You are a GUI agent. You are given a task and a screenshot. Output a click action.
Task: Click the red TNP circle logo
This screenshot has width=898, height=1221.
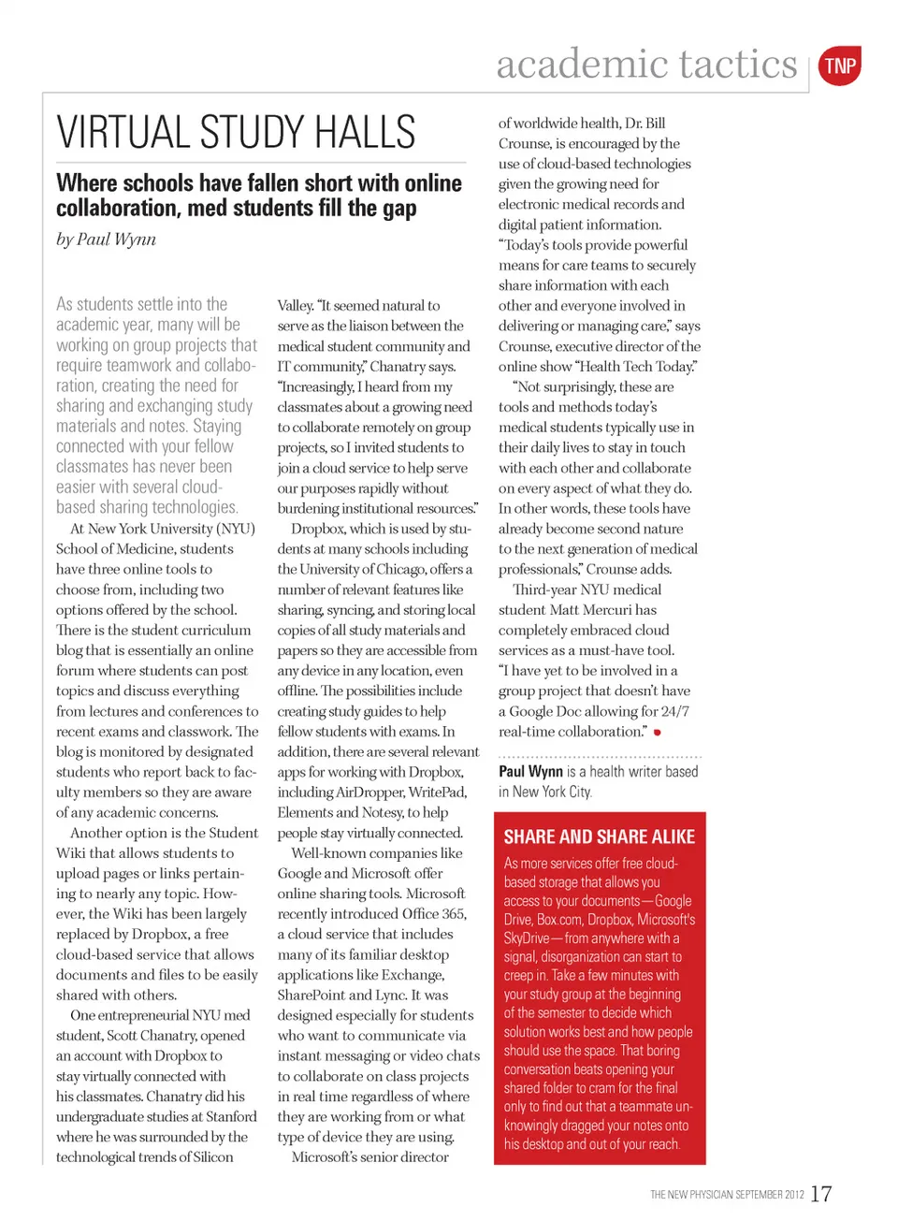(839, 65)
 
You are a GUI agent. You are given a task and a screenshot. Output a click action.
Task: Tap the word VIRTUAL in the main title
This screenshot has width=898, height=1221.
(123, 132)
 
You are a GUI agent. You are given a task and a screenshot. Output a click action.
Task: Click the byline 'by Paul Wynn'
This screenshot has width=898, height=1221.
(106, 240)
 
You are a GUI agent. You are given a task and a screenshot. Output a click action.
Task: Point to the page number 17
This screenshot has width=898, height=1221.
(820, 1194)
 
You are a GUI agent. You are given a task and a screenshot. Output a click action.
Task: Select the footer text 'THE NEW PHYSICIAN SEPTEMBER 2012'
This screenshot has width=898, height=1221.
(727, 1195)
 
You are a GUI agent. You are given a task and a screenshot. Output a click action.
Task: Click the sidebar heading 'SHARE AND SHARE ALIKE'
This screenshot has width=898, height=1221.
(599, 836)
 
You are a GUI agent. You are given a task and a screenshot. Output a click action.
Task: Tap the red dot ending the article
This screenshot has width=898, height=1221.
(658, 733)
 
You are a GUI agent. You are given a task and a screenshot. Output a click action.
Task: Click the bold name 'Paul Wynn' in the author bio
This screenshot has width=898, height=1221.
(530, 772)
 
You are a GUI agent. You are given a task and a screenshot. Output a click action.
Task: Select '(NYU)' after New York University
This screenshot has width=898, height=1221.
(235, 529)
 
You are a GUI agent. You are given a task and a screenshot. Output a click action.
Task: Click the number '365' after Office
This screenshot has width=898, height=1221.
(452, 913)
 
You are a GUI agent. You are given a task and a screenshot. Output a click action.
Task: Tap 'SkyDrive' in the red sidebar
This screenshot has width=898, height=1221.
(527, 938)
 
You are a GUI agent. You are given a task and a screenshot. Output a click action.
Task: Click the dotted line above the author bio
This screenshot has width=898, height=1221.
(600, 756)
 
